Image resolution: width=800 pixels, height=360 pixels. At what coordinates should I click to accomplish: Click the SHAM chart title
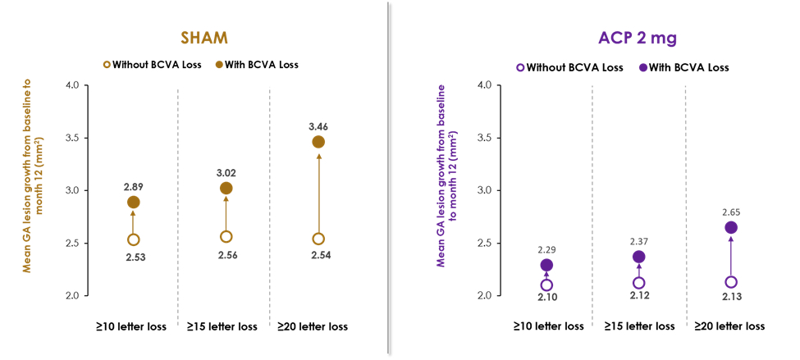pos(205,38)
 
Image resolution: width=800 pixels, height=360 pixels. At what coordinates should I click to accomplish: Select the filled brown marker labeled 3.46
pos(318,142)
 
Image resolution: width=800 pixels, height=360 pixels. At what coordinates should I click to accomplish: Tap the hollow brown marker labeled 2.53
pos(133,239)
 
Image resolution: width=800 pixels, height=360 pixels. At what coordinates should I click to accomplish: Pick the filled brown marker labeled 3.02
pos(226,188)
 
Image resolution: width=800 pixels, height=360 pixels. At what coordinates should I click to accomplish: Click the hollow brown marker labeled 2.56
pos(226,236)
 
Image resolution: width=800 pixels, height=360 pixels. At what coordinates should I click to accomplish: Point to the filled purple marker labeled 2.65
pos(731,227)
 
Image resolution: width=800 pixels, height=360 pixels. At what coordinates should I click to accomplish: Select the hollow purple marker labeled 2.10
pos(546,285)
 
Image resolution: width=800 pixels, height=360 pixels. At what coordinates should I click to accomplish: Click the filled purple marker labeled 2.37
pos(639,257)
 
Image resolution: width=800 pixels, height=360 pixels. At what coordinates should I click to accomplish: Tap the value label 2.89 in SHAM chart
pos(133,185)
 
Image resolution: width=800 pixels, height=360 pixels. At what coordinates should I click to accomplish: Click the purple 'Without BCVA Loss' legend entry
pos(569,67)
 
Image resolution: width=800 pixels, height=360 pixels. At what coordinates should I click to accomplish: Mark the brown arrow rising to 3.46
pos(318,193)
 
